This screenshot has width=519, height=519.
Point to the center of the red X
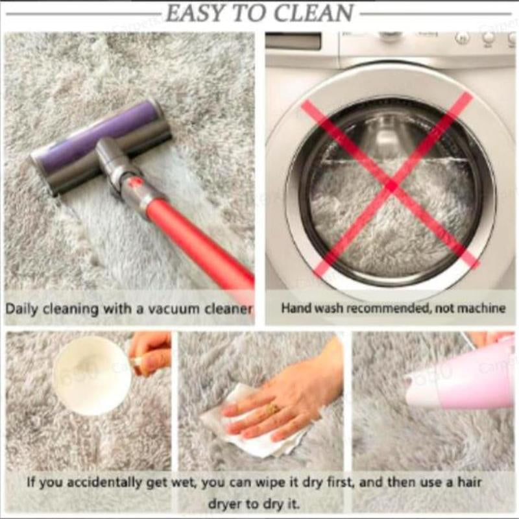[x=392, y=186]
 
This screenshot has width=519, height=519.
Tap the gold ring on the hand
[x=272, y=409]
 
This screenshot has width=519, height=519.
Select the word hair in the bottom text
[x=470, y=481]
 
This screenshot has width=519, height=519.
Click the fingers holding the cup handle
[x=149, y=354]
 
